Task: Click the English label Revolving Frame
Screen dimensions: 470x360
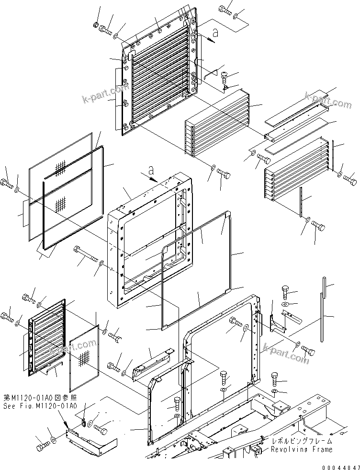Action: [301, 449]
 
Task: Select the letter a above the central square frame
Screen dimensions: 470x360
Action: [151, 170]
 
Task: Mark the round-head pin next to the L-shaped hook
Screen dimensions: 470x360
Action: [225, 76]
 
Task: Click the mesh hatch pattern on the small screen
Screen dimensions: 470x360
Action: [85, 357]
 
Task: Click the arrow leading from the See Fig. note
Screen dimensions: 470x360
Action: [65, 421]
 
